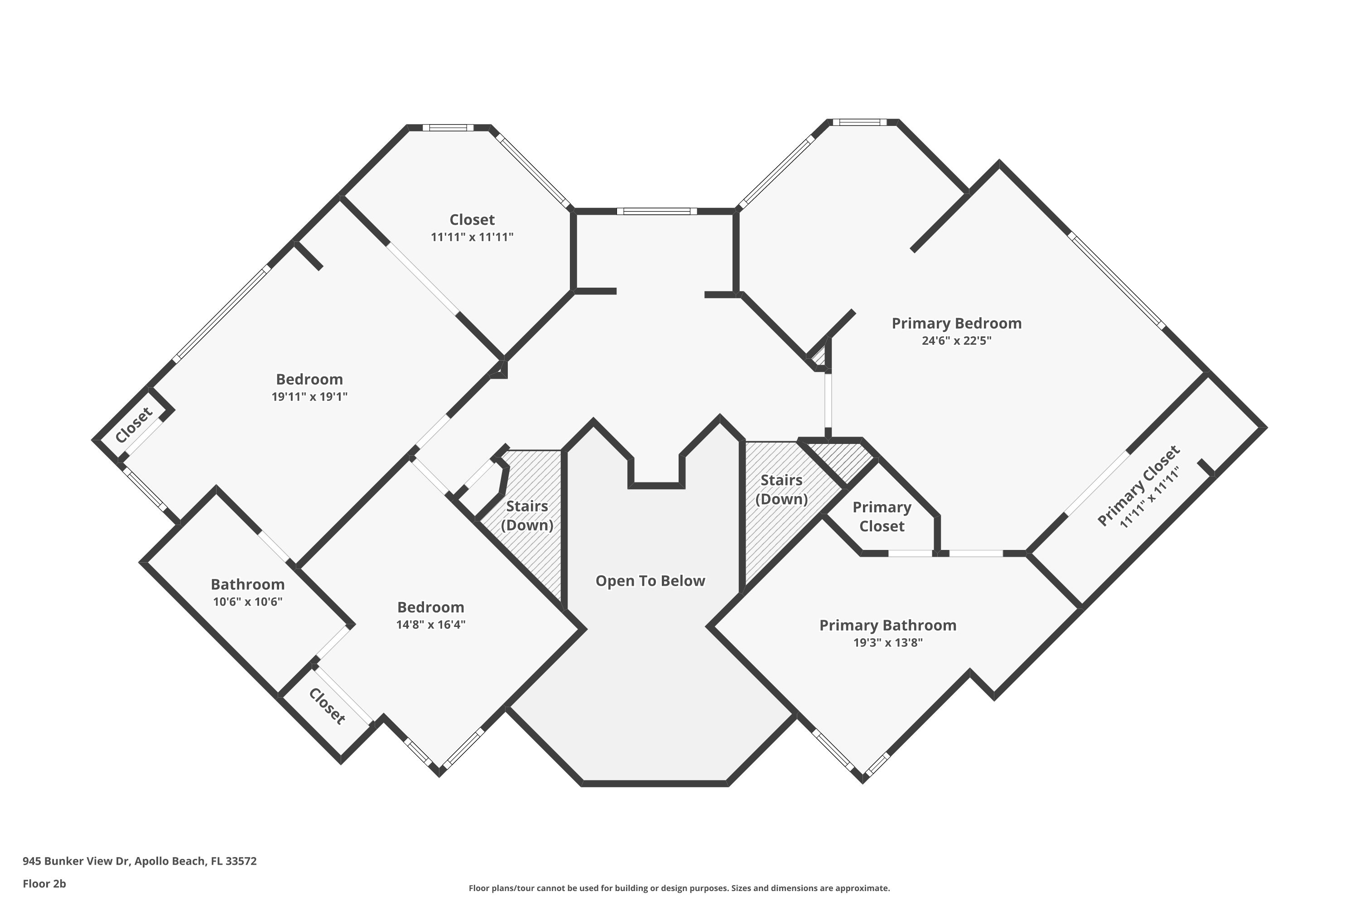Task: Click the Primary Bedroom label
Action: (956, 323)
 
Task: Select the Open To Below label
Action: (650, 581)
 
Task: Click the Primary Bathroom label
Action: (887, 625)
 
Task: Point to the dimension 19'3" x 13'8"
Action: (887, 642)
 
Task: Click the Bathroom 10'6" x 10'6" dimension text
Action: (247, 602)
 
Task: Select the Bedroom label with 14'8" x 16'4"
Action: (430, 607)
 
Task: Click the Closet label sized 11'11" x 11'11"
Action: (472, 220)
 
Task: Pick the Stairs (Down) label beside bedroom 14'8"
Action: (527, 516)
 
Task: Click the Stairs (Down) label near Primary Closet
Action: (781, 489)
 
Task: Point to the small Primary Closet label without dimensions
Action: (882, 516)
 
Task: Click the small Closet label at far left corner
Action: (134, 425)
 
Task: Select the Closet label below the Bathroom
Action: (327, 706)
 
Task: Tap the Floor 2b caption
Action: (44, 883)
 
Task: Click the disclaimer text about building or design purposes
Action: (679, 888)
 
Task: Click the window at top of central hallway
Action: (656, 212)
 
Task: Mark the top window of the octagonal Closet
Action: (448, 128)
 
